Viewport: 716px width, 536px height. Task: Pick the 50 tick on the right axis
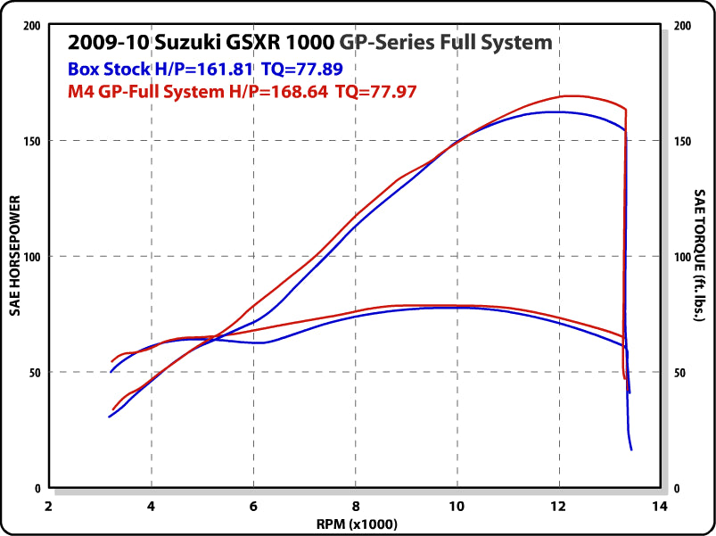tap(681, 373)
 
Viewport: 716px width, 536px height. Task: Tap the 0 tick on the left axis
tap(37, 489)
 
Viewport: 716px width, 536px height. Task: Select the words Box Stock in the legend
tap(103, 67)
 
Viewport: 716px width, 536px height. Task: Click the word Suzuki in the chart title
tap(185, 42)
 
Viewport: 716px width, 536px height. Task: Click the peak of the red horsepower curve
tap(571, 95)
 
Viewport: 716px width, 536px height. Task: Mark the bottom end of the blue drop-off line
tap(631, 449)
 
